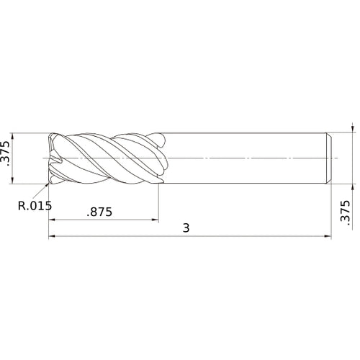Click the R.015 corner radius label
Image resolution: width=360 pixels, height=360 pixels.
pyautogui.click(x=35, y=205)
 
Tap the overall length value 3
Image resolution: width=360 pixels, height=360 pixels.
pyautogui.click(x=186, y=228)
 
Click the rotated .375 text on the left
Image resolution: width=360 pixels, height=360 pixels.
pyautogui.click(x=7, y=154)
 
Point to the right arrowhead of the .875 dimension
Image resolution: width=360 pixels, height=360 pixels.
pyautogui.click(x=156, y=220)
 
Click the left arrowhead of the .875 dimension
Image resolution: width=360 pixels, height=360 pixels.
pyautogui.click(x=52, y=220)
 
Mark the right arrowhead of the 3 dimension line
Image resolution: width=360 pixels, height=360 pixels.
pyautogui.click(x=328, y=236)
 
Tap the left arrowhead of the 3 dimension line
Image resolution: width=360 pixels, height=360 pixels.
pyautogui.click(x=52, y=236)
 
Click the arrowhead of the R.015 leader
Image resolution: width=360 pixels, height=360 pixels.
pyautogui.click(x=52, y=181)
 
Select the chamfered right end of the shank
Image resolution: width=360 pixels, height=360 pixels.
pyautogui.click(x=329, y=157)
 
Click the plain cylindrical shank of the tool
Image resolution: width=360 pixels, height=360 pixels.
pyautogui.click(x=245, y=157)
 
